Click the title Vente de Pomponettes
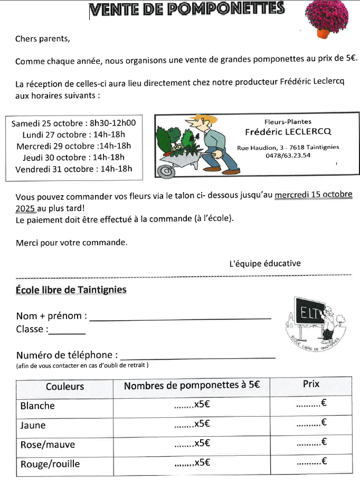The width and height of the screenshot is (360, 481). click(187, 9)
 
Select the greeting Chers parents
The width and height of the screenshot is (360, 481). click(42, 39)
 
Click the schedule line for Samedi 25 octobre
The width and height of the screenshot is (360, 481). click(73, 123)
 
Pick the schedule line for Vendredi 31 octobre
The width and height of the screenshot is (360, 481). click(73, 169)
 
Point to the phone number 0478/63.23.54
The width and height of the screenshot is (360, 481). click(288, 155)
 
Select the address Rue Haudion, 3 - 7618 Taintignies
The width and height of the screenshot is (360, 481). click(288, 147)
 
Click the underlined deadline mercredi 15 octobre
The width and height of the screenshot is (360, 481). click(314, 195)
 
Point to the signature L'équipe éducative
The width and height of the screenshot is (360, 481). click(264, 263)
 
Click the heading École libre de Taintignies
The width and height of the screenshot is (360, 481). click(71, 290)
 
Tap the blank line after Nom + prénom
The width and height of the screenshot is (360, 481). click(181, 318)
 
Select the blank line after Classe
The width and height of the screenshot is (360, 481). click(67, 333)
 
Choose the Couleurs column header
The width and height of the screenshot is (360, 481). click(65, 387)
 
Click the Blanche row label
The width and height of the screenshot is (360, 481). click(37, 406)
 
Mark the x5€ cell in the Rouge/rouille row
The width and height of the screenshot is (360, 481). click(192, 464)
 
